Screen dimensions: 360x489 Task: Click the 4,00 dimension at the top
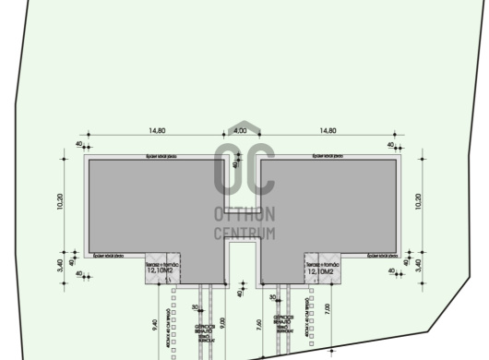[x=241, y=131]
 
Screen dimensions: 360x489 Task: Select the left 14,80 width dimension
[x=154, y=131]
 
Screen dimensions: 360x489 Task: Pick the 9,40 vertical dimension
[x=154, y=323]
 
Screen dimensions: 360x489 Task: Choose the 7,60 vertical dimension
[x=259, y=323]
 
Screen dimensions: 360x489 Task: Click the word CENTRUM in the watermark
[x=244, y=234]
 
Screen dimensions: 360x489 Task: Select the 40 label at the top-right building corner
[x=392, y=145]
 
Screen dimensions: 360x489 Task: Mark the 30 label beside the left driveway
[x=195, y=307]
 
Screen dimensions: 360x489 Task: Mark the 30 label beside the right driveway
[x=274, y=297]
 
